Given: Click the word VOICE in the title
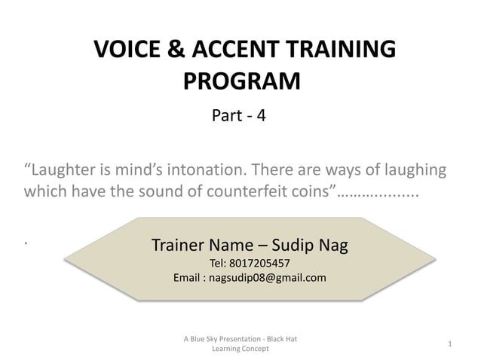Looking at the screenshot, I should click(x=127, y=50).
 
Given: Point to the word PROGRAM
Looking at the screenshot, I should click(x=241, y=80).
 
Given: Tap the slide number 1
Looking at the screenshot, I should click(x=449, y=344).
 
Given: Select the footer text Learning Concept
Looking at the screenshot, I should click(x=240, y=349).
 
